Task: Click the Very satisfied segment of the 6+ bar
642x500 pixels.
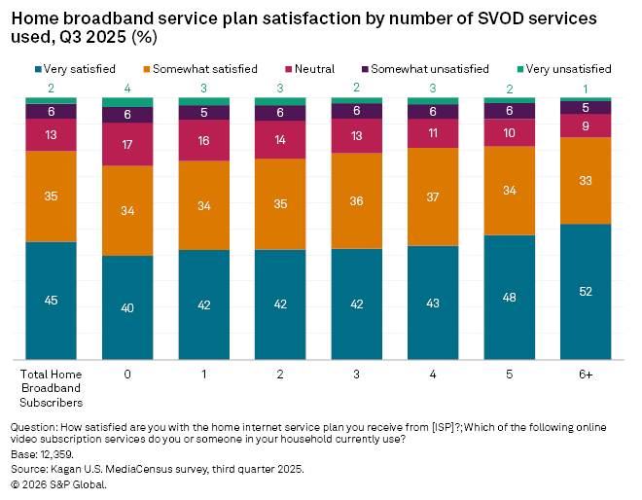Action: pos(586,292)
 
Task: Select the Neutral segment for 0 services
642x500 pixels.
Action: pos(127,144)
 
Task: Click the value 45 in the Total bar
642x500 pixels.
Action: pos(51,300)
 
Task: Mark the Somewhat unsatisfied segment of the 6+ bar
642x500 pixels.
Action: pos(586,107)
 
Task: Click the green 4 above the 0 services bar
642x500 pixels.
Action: pos(127,89)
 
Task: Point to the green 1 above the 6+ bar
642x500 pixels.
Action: pos(586,89)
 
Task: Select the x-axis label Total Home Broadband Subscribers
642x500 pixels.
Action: pos(51,386)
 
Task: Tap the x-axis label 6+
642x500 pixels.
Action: pos(586,374)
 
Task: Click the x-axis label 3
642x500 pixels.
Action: pos(356,374)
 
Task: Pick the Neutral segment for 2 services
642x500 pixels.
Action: pos(280,139)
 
